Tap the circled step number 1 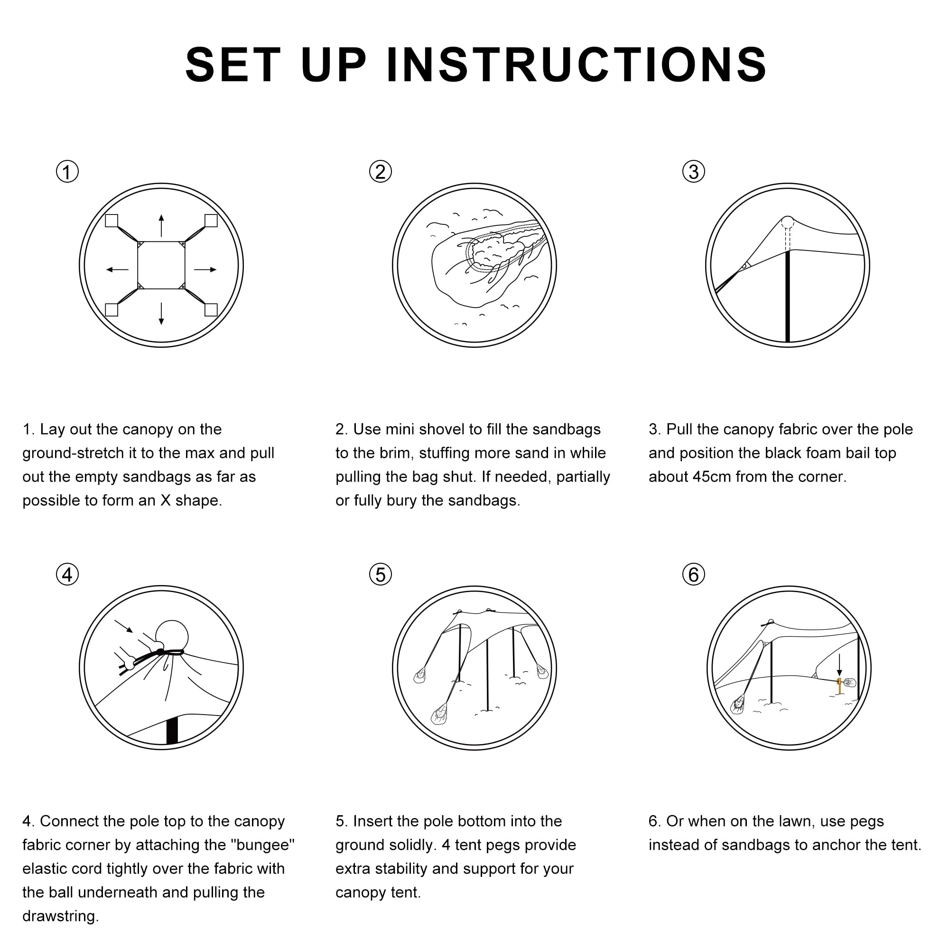(67, 172)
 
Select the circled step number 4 (67, 574)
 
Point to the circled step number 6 (694, 574)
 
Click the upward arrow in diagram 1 (162, 225)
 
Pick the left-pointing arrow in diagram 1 (117, 270)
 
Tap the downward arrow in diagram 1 (161, 313)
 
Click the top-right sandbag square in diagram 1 (211, 221)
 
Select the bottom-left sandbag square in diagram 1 (112, 310)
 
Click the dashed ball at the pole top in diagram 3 (788, 222)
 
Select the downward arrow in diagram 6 (839, 665)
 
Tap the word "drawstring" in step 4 (60, 916)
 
